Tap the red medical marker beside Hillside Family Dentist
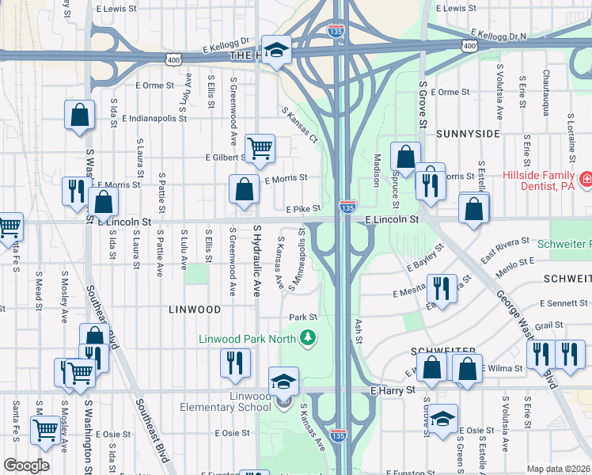pyautogui.click(x=586, y=180)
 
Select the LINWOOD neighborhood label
pyautogui.click(x=195, y=309)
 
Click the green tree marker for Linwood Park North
pyautogui.click(x=306, y=340)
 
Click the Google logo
pyautogui.click(x=26, y=465)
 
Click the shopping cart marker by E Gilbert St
pyautogui.click(x=260, y=148)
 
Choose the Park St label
pyautogui.click(x=302, y=317)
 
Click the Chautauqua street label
pyautogui.click(x=546, y=91)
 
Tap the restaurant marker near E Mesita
pyautogui.click(x=442, y=287)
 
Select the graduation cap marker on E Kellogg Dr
pyautogui.click(x=276, y=51)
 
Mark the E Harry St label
pyautogui.click(x=392, y=390)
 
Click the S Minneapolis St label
pyautogui.click(x=301, y=258)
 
